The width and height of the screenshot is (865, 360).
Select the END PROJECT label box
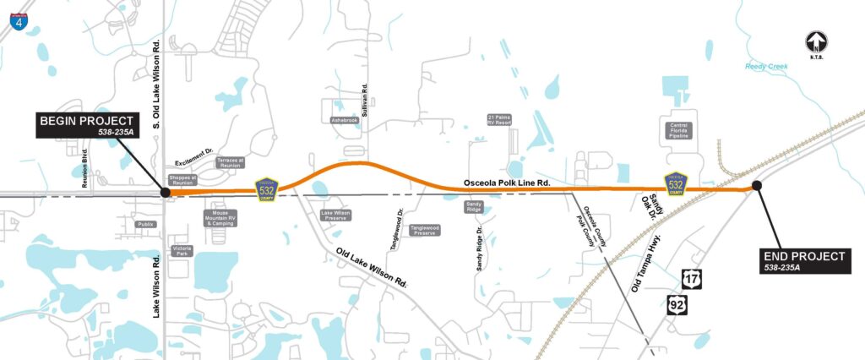tap(802, 259)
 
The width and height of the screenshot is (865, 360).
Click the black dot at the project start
tap(166, 193)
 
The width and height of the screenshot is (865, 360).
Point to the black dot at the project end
tap(757, 185)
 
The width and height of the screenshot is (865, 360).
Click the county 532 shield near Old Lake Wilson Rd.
tap(267, 190)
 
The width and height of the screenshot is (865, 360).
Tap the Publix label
tap(146, 224)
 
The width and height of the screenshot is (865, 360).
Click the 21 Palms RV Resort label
tap(499, 121)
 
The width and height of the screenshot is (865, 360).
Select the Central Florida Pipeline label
tap(679, 129)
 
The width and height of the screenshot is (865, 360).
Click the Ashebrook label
tap(345, 121)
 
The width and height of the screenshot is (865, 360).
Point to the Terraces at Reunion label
tap(230, 162)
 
